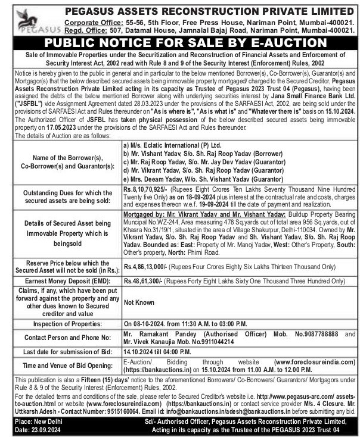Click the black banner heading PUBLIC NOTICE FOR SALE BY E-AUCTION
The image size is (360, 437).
pos(180,42)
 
